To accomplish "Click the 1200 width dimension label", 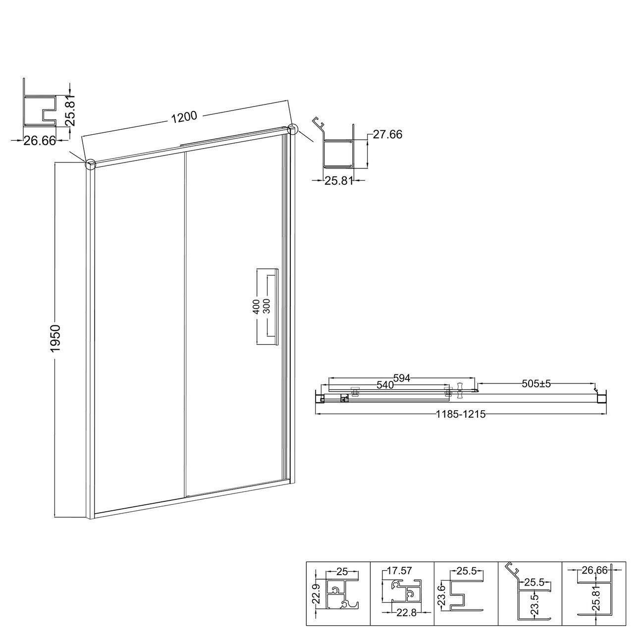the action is [184, 117].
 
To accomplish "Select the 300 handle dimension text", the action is [267, 306].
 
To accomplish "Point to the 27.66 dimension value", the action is [387, 134].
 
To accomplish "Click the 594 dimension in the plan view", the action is [401, 378].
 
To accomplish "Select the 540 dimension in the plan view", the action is [385, 385].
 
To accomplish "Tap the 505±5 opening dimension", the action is [536, 383].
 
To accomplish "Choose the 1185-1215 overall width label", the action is [461, 415].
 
